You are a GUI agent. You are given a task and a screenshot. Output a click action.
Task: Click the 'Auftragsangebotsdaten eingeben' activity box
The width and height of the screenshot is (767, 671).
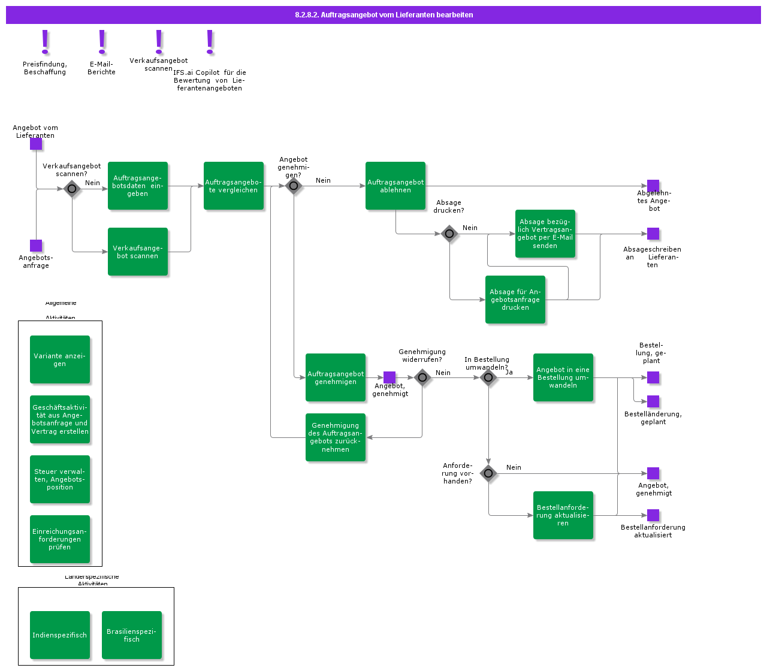click(138, 186)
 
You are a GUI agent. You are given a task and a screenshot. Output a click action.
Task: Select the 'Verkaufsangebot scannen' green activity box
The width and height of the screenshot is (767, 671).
click(138, 252)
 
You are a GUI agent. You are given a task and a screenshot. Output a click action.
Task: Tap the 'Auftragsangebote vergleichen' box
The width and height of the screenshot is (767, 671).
click(234, 186)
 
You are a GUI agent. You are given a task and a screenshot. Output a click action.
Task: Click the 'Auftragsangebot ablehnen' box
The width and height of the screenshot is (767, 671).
click(395, 186)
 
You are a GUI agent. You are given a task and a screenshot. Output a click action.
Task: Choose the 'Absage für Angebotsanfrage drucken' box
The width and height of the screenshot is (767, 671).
click(515, 300)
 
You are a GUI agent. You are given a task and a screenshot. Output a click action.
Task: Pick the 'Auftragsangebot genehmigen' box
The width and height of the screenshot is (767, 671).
click(336, 377)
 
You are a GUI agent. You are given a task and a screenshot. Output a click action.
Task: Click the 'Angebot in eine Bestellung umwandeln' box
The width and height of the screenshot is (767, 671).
click(563, 377)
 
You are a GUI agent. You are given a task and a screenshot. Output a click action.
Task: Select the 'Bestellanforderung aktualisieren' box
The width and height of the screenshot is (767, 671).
click(563, 515)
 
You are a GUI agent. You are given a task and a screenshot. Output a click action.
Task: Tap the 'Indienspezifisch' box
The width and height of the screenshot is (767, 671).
click(60, 635)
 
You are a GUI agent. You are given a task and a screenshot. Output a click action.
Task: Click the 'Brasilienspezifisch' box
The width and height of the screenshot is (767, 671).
click(132, 635)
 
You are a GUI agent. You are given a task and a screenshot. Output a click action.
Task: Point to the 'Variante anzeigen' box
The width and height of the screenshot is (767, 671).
click(60, 359)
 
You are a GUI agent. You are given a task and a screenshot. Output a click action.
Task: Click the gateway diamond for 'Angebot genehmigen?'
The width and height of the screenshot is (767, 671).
click(294, 186)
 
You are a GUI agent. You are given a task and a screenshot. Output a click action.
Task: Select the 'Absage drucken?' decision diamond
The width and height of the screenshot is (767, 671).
click(449, 234)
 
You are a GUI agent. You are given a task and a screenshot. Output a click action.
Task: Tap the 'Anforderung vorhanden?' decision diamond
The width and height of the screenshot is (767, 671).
click(488, 473)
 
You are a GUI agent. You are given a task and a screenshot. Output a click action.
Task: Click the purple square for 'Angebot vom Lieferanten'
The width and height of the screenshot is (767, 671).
click(36, 144)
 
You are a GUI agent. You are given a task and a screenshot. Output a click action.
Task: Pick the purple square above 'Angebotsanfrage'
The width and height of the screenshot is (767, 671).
click(36, 246)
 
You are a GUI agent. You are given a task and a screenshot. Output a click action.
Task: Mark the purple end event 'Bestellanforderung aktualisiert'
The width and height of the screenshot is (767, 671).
click(653, 515)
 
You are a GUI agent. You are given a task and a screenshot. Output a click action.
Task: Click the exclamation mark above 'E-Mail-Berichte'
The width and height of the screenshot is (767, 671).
click(102, 42)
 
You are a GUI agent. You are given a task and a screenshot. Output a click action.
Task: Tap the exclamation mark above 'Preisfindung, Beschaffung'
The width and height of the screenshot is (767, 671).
click(45, 42)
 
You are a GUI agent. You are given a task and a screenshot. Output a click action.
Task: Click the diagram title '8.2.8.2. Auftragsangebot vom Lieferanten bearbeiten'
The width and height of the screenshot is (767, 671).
click(383, 15)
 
